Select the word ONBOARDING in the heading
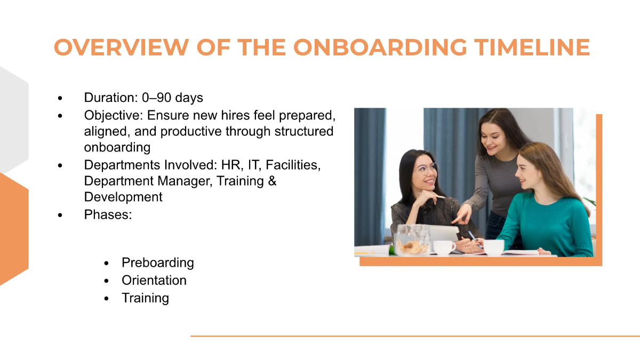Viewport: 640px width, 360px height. [377, 47]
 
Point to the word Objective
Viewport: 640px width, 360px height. [113, 115]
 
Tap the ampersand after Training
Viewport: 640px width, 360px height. [272, 181]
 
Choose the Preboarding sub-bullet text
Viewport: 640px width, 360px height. [158, 262]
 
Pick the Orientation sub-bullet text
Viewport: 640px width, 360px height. [154, 280]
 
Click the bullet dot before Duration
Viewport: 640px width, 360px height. [60, 99]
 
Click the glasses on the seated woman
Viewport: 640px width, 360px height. [425, 169]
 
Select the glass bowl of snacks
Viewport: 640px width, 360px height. [411, 241]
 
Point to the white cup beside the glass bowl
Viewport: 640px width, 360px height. [444, 247]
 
